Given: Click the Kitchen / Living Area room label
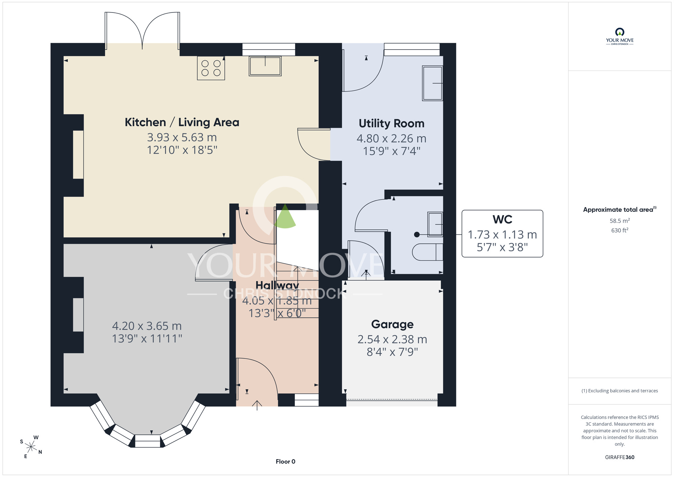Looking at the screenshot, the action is [x=182, y=122].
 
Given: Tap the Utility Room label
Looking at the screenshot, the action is [x=391, y=123].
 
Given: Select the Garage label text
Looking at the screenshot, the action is [x=392, y=324].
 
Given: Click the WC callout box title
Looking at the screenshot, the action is [x=502, y=220].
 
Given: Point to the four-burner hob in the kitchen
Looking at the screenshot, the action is [x=211, y=68].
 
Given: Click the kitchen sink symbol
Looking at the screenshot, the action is [x=265, y=66].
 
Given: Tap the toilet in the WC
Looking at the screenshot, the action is [x=428, y=252].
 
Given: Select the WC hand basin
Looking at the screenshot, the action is [x=435, y=224].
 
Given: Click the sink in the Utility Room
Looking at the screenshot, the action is [x=432, y=83].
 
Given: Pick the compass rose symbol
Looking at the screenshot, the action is [x=31, y=447].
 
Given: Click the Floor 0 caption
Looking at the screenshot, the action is [x=285, y=461].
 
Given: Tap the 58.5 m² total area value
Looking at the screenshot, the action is [x=620, y=221].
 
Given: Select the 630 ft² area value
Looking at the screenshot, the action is [x=620, y=230].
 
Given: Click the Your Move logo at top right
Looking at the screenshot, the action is [x=620, y=36].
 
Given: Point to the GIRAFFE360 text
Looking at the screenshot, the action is [x=620, y=457].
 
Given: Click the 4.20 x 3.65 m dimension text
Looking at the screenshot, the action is [x=147, y=326].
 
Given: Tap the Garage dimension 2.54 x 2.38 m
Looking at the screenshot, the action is [x=392, y=339].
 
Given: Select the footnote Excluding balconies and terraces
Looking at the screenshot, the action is [x=620, y=391].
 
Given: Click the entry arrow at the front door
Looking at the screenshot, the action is [x=257, y=405].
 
